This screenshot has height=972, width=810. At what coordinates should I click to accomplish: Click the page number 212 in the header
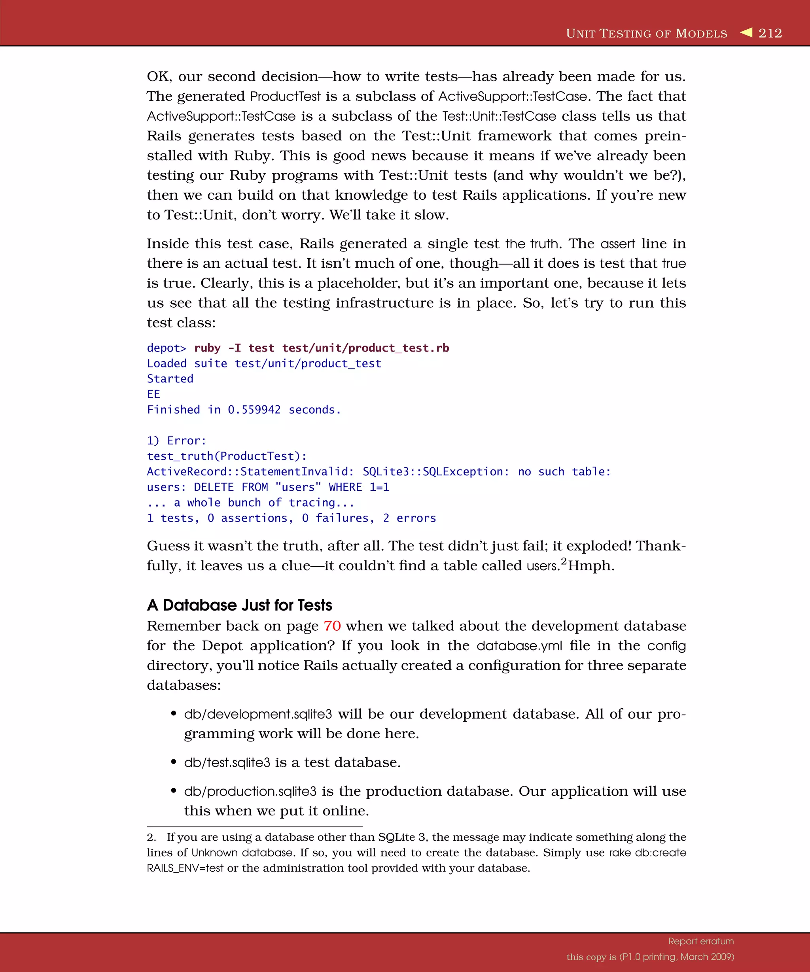[x=770, y=33]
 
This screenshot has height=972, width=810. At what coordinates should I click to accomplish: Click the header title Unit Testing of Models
[x=646, y=33]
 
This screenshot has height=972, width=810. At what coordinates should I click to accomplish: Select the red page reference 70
[x=332, y=626]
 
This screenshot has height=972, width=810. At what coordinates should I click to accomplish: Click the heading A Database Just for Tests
[x=239, y=605]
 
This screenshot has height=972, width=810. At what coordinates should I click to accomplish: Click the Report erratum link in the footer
[x=701, y=941]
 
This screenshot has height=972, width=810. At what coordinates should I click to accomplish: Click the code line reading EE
[x=153, y=394]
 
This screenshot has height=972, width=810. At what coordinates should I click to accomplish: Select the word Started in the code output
[x=170, y=378]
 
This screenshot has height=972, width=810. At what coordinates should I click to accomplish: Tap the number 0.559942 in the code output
[x=254, y=410]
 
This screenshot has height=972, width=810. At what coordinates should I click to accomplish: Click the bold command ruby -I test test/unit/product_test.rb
[x=321, y=348]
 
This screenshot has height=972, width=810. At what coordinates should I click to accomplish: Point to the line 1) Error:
[x=176, y=441]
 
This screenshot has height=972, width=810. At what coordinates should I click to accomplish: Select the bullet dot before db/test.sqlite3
[x=174, y=762]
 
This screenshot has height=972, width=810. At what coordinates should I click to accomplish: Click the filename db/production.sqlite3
[x=250, y=792]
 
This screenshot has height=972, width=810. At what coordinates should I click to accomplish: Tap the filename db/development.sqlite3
[x=258, y=714]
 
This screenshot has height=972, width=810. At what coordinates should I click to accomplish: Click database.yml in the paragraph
[x=519, y=646]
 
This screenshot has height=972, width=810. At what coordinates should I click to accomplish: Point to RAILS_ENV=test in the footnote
[x=185, y=868]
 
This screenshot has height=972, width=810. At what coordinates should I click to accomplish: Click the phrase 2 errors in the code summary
[x=409, y=518]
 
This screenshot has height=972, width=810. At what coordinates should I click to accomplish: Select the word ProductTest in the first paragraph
[x=285, y=96]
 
